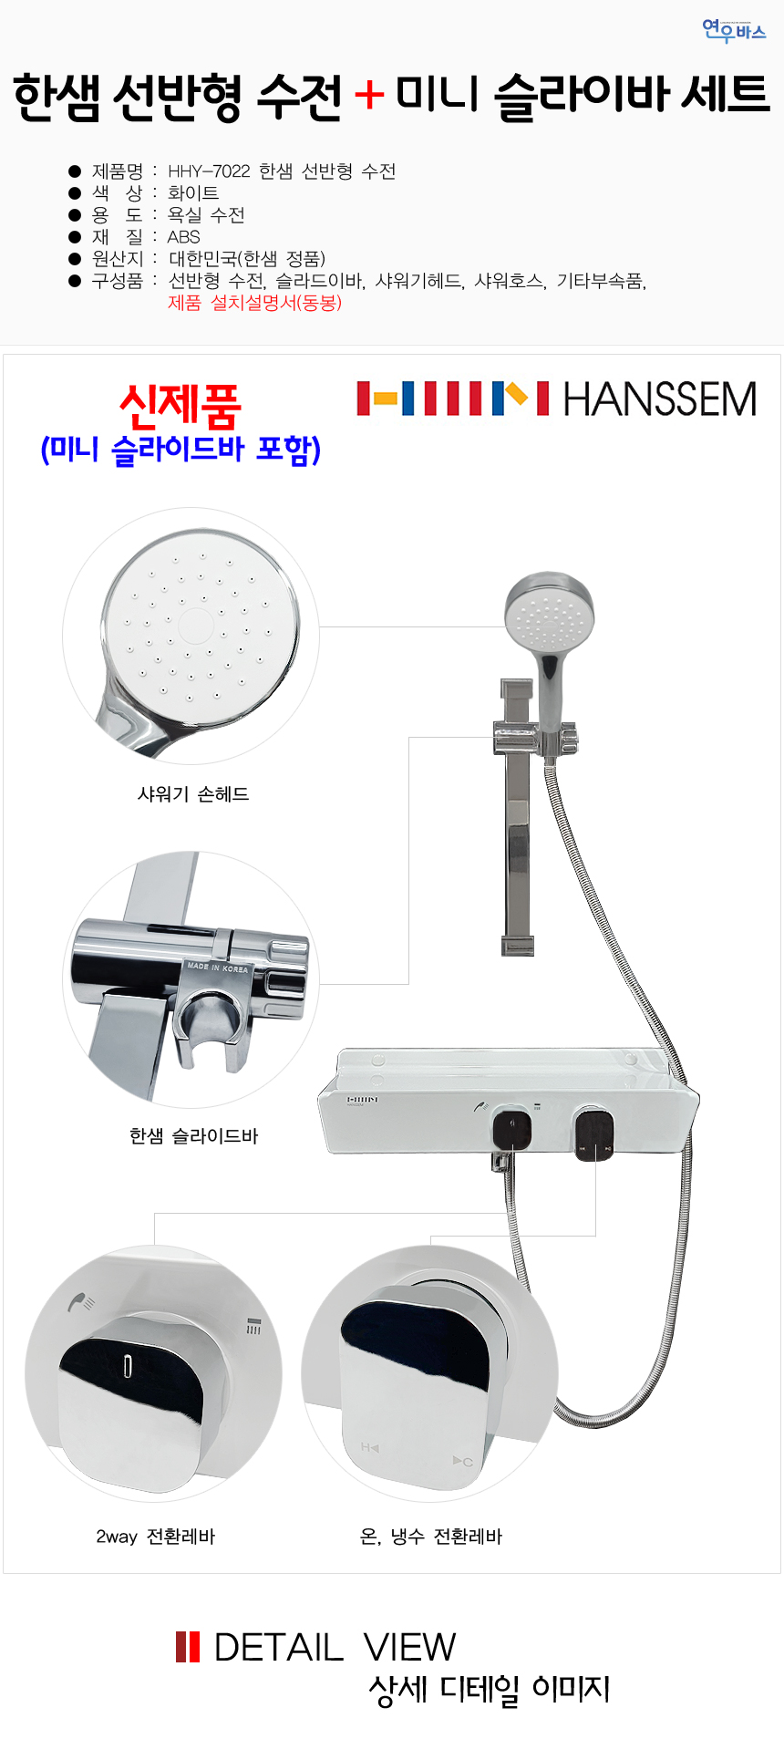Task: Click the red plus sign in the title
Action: click(x=369, y=95)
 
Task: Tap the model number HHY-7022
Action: click(x=209, y=171)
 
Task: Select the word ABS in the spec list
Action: click(x=184, y=237)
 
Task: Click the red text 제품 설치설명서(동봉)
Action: click(x=255, y=303)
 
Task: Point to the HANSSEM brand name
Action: click(x=660, y=399)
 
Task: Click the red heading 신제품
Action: click(x=181, y=406)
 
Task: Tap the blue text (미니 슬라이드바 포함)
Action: click(x=181, y=450)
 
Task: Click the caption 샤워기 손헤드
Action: click(x=193, y=794)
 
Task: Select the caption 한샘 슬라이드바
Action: click(x=194, y=1136)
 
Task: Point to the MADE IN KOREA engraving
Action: click(x=217, y=967)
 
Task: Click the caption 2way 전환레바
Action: click(x=156, y=1537)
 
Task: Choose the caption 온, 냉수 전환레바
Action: click(x=431, y=1537)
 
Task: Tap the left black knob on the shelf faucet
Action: click(x=512, y=1131)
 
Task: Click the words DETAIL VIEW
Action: click(x=335, y=1647)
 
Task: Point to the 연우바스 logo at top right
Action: click(x=734, y=31)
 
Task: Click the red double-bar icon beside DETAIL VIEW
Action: click(x=188, y=1647)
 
